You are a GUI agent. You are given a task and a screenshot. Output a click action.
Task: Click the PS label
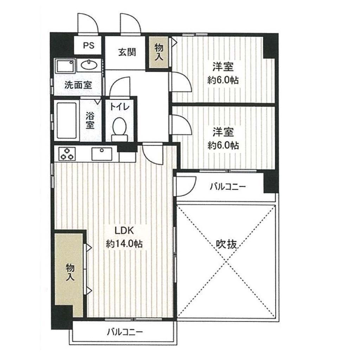89,45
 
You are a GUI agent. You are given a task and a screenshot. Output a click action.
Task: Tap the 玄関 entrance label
127,52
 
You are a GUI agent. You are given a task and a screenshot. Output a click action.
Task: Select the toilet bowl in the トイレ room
120,129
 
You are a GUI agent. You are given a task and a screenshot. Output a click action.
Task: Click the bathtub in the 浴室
66,121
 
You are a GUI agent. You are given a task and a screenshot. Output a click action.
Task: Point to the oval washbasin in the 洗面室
89,65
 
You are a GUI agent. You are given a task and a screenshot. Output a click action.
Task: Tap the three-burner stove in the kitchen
67,154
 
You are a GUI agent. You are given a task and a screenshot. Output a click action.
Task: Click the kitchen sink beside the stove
102,154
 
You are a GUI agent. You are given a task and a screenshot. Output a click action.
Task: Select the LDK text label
124,231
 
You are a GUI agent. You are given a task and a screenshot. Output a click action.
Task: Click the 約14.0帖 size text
124,244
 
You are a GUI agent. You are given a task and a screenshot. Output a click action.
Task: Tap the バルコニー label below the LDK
125,332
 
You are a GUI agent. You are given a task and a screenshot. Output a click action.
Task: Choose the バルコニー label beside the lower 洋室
228,187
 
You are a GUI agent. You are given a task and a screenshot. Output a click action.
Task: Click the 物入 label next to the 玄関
159,52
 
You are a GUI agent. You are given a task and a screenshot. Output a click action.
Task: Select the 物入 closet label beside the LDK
70,272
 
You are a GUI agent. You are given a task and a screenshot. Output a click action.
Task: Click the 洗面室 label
78,85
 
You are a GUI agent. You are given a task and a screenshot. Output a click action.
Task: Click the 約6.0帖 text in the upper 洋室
223,80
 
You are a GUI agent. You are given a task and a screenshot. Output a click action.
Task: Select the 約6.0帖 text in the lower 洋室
223,145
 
